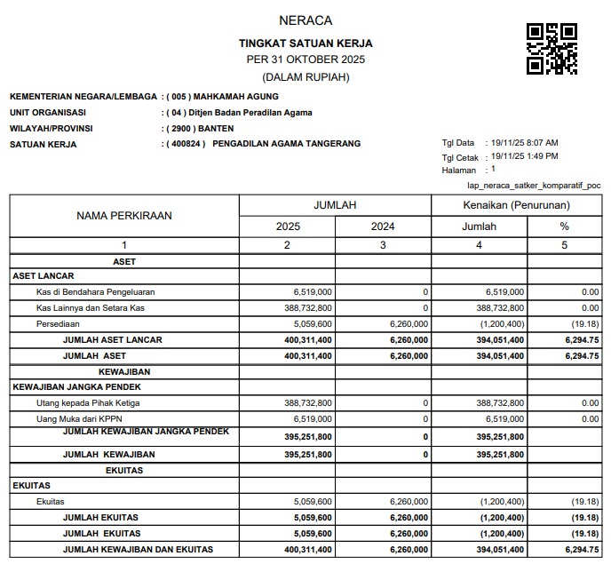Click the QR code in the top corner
pos(552,49)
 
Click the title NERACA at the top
pos(305,20)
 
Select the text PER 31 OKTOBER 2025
pos(305,60)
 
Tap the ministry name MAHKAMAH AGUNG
pos(237,96)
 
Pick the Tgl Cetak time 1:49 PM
pos(540,156)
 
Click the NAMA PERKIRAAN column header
pos(124,216)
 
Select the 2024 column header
pos(384,226)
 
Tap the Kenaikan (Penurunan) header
pos(517,205)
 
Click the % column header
pos(564,226)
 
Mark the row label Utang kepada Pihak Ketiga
pos(88,403)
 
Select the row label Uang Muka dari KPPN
pos(81,419)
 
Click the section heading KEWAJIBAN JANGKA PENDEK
pos(76,387)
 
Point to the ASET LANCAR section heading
pos(43,276)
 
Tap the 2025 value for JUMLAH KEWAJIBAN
pos(306,455)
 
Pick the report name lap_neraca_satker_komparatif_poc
pos(533,186)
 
